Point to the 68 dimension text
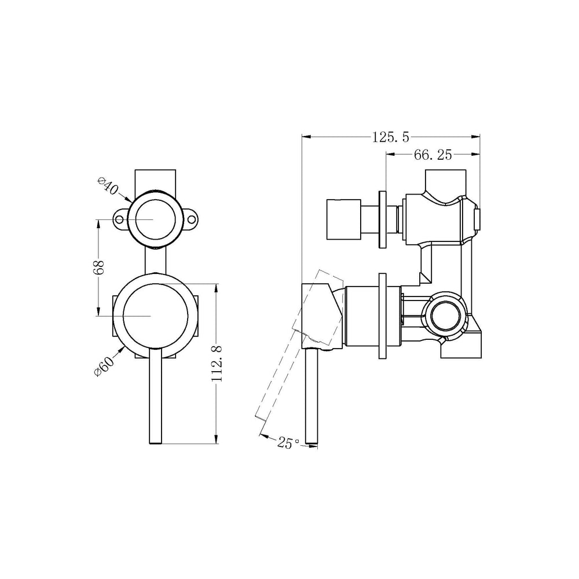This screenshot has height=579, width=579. (x=99, y=267)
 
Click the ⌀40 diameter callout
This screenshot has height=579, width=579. (x=108, y=187)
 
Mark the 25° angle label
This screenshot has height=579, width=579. (x=288, y=443)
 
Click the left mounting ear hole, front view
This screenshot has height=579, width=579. (x=120, y=220)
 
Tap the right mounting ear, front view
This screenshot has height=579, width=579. (x=192, y=220)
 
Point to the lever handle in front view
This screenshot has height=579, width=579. (x=155, y=400)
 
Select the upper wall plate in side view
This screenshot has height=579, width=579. (x=382, y=219)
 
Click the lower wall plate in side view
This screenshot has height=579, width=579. (x=382, y=316)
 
